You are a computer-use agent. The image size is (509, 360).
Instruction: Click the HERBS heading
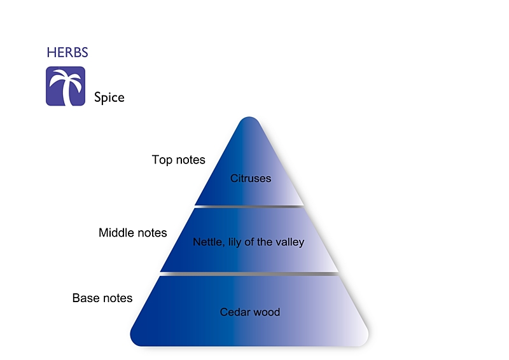pyautogui.click(x=67, y=52)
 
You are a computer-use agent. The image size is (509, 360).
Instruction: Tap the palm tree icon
pyautogui.click(x=66, y=86)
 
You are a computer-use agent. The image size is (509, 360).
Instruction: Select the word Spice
pyautogui.click(x=109, y=98)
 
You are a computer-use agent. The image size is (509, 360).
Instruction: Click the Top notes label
pyautogui.click(x=179, y=160)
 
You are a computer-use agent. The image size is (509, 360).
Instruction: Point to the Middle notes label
pyautogui.click(x=133, y=233)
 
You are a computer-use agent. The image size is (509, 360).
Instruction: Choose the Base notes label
pyautogui.click(x=102, y=298)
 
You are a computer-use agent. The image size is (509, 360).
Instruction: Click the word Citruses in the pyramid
pyautogui.click(x=251, y=178)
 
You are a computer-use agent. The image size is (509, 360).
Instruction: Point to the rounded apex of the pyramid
pyautogui.click(x=249, y=119)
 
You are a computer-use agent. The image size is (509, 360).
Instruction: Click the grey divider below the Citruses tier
pyautogui.click(x=249, y=207)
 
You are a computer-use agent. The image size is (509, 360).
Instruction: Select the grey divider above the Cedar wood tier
pyautogui.click(x=249, y=274)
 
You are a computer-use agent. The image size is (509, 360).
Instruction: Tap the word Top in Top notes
pyautogui.click(x=162, y=160)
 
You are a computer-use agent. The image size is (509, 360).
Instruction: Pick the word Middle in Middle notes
pyautogui.click(x=116, y=233)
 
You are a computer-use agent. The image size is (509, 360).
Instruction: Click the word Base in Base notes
pyautogui.click(x=85, y=298)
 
